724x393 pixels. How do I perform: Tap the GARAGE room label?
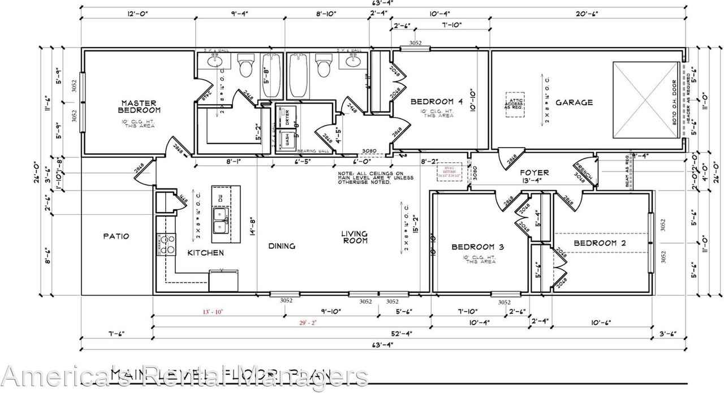(x=574, y=102)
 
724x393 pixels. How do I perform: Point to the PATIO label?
(x=117, y=236)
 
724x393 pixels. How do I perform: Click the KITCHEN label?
(x=205, y=253)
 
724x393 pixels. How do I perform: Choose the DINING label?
(x=282, y=245)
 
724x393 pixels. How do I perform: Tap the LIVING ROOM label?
(x=355, y=237)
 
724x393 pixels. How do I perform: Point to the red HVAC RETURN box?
(x=450, y=171)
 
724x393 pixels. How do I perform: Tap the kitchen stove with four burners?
(x=165, y=244)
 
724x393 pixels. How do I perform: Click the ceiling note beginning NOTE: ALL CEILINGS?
(x=376, y=178)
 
